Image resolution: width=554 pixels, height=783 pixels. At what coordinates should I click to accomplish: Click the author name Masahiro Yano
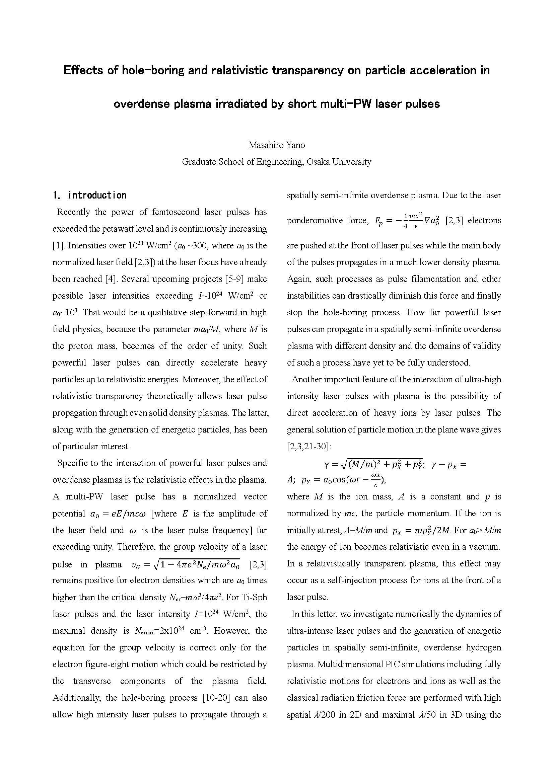[x=277, y=145]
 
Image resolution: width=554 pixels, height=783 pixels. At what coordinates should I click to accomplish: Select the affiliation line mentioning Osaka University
[x=277, y=162]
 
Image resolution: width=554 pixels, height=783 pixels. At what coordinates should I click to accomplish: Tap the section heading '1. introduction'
[x=90, y=195]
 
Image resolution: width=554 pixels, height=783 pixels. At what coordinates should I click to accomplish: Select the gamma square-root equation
[x=373, y=463]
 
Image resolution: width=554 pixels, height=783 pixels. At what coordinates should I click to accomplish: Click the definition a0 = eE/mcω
[x=118, y=514]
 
